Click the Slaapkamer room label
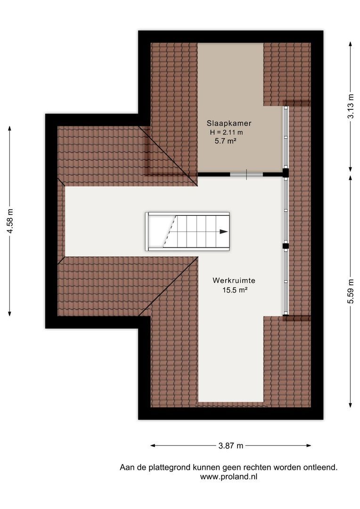coord(229,123)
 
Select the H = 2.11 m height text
coord(227,132)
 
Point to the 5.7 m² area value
coord(225,140)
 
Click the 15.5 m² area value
coord(235,290)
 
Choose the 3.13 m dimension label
coord(350,107)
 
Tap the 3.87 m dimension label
coord(231,445)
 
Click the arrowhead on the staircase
coord(224,231)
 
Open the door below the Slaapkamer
coord(246,174)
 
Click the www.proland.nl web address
coord(229,476)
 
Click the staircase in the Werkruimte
coord(188,231)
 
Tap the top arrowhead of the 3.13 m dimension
coord(350,44)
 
